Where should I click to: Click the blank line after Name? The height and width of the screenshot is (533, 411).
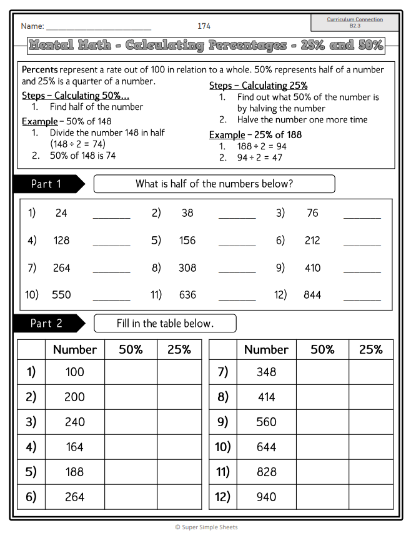click(99, 27)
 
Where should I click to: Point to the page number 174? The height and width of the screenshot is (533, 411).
click(204, 26)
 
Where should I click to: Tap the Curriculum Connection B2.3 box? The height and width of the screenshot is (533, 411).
click(355, 22)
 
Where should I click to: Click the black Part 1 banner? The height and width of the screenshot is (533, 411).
click(47, 184)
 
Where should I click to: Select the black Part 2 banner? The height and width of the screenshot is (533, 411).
click(47, 323)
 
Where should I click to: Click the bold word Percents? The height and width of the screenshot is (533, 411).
click(40, 69)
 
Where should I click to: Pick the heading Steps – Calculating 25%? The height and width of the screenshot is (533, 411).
click(258, 86)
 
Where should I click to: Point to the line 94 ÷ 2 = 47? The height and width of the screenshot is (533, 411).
click(259, 157)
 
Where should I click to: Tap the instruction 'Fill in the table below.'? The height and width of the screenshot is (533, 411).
click(165, 323)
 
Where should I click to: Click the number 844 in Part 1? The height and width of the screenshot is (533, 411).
click(312, 295)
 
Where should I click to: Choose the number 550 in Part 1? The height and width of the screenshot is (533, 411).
click(61, 295)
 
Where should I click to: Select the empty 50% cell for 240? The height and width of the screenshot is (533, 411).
click(131, 422)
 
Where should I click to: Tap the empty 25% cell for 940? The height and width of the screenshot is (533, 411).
click(370, 497)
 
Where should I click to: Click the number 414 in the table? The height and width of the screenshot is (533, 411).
click(266, 397)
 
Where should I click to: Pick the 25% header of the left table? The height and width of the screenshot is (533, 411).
click(179, 350)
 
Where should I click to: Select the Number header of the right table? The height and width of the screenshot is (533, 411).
click(266, 350)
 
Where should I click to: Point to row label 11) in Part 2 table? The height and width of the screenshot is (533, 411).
click(223, 472)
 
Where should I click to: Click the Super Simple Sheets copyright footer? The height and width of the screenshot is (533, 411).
click(205, 527)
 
